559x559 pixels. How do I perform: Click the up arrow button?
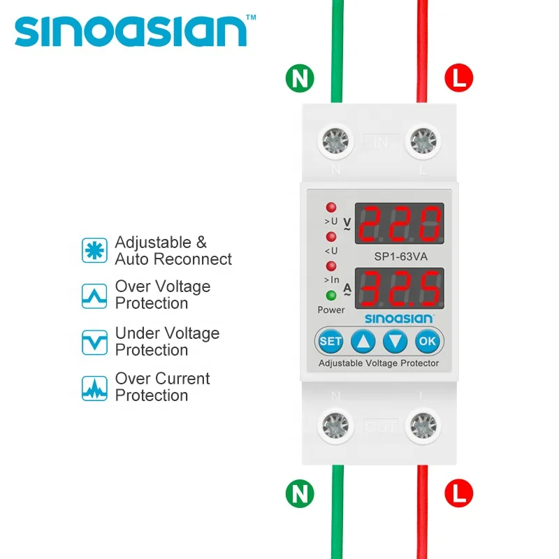(x=363, y=341)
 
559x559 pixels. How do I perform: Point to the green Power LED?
(x=331, y=296)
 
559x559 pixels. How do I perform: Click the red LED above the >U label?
(x=331, y=208)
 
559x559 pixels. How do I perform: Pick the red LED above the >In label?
(x=331, y=266)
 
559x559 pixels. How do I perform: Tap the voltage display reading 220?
(x=398, y=224)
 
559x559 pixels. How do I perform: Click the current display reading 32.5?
(x=398, y=288)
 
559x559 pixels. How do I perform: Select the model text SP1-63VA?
(x=398, y=256)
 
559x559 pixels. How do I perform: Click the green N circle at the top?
(x=299, y=78)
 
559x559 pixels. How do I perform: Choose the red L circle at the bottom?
(x=458, y=494)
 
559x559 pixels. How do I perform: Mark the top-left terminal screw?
(x=336, y=140)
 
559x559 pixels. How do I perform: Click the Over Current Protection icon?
(x=94, y=387)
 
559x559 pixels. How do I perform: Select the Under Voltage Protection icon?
(x=94, y=342)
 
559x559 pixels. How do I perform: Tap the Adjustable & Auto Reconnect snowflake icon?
(x=94, y=250)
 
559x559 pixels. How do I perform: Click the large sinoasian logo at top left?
(x=131, y=31)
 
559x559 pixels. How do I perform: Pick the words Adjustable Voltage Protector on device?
(x=379, y=363)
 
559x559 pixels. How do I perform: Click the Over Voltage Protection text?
(x=162, y=295)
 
